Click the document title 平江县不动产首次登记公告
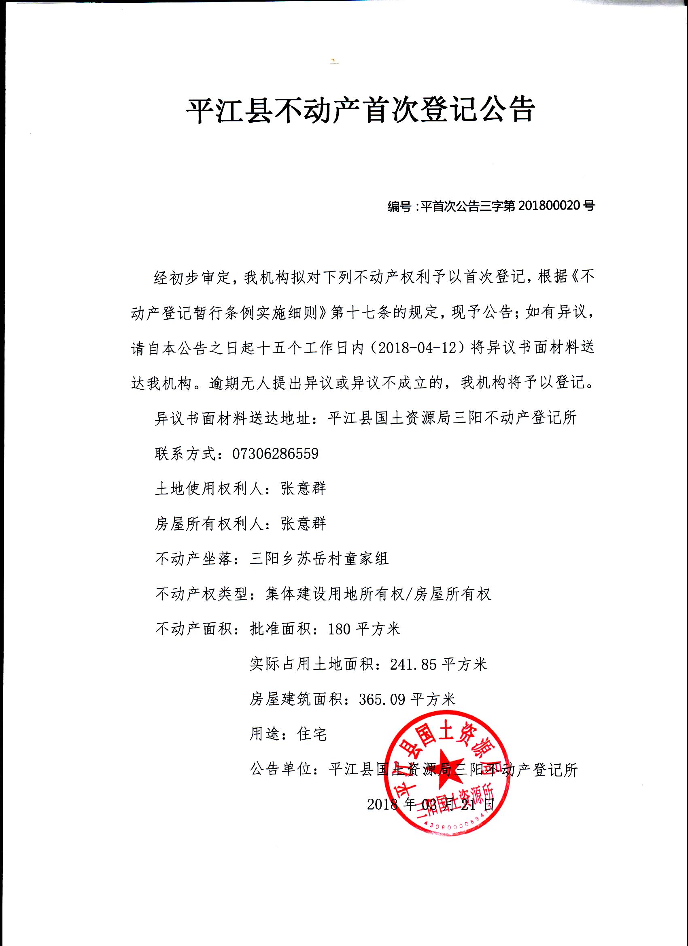(x=360, y=110)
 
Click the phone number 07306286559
(x=275, y=454)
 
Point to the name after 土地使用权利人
(x=303, y=488)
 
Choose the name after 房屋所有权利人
(x=303, y=524)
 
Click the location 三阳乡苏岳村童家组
(x=319, y=558)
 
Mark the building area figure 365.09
(x=382, y=699)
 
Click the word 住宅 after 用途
(x=312, y=734)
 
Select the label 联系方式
(x=186, y=454)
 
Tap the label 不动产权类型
(x=202, y=594)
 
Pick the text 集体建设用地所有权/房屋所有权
(x=378, y=594)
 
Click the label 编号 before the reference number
(x=399, y=206)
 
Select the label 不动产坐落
(x=193, y=558)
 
